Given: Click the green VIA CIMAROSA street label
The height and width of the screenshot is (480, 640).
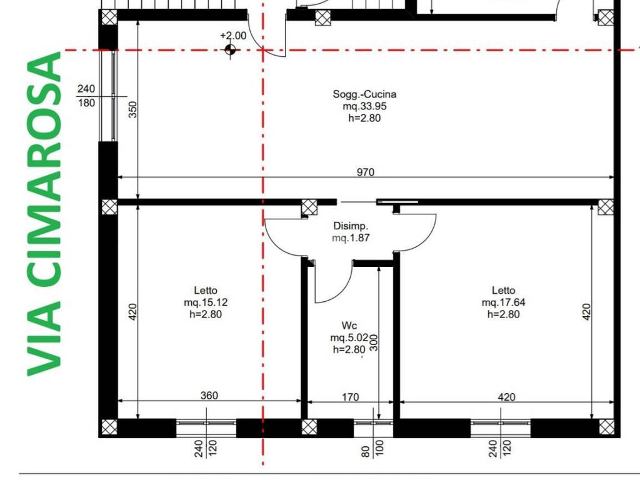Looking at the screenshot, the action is pyautogui.click(x=44, y=214).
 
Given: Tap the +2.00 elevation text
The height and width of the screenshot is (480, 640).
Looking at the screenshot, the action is pyautogui.click(x=233, y=36).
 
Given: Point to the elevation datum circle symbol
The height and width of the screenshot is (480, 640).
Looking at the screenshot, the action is pyautogui.click(x=230, y=50).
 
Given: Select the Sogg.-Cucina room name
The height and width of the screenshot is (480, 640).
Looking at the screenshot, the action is pyautogui.click(x=364, y=94).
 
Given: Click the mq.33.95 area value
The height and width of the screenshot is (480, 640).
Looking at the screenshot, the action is pyautogui.click(x=364, y=106).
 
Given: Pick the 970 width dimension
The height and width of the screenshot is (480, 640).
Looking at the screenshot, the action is pyautogui.click(x=365, y=172).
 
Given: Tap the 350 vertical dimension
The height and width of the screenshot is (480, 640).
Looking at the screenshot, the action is pyautogui.click(x=133, y=109).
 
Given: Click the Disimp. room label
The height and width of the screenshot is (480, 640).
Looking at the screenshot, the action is pyautogui.click(x=351, y=226).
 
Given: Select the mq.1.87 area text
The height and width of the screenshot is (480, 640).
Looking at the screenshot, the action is pyautogui.click(x=351, y=238).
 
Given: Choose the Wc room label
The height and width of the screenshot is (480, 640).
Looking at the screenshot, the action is pyautogui.click(x=349, y=325).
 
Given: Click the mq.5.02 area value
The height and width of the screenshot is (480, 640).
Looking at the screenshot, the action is pyautogui.click(x=349, y=337).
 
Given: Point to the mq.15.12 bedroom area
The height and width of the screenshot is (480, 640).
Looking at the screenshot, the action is pyautogui.click(x=206, y=302).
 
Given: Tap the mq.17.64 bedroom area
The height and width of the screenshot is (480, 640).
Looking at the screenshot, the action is pyautogui.click(x=503, y=302).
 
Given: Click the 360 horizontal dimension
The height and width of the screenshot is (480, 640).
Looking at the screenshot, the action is pyautogui.click(x=209, y=395).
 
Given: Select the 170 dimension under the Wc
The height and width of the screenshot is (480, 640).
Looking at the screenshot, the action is pyautogui.click(x=350, y=397).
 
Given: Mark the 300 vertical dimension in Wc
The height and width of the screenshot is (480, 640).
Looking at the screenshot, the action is pyautogui.click(x=374, y=343).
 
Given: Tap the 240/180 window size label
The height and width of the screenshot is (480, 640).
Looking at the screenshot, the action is pyautogui.click(x=86, y=96).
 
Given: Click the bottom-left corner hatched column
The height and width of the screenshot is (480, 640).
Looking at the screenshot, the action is pyautogui.click(x=109, y=427).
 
